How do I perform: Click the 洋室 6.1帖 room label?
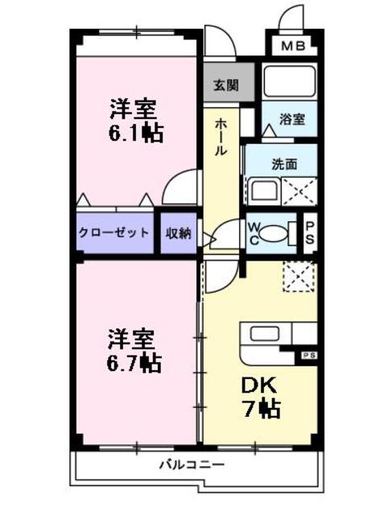click(x=135, y=121)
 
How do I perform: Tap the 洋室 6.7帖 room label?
click(x=134, y=349)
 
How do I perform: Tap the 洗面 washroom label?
click(x=283, y=164)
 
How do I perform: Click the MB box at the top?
click(x=292, y=47)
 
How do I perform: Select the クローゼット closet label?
click(x=114, y=233)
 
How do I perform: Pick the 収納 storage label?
click(x=178, y=233)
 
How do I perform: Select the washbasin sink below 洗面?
click(x=262, y=192)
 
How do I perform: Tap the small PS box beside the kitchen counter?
click(x=309, y=355)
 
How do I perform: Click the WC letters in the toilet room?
click(x=254, y=233)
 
